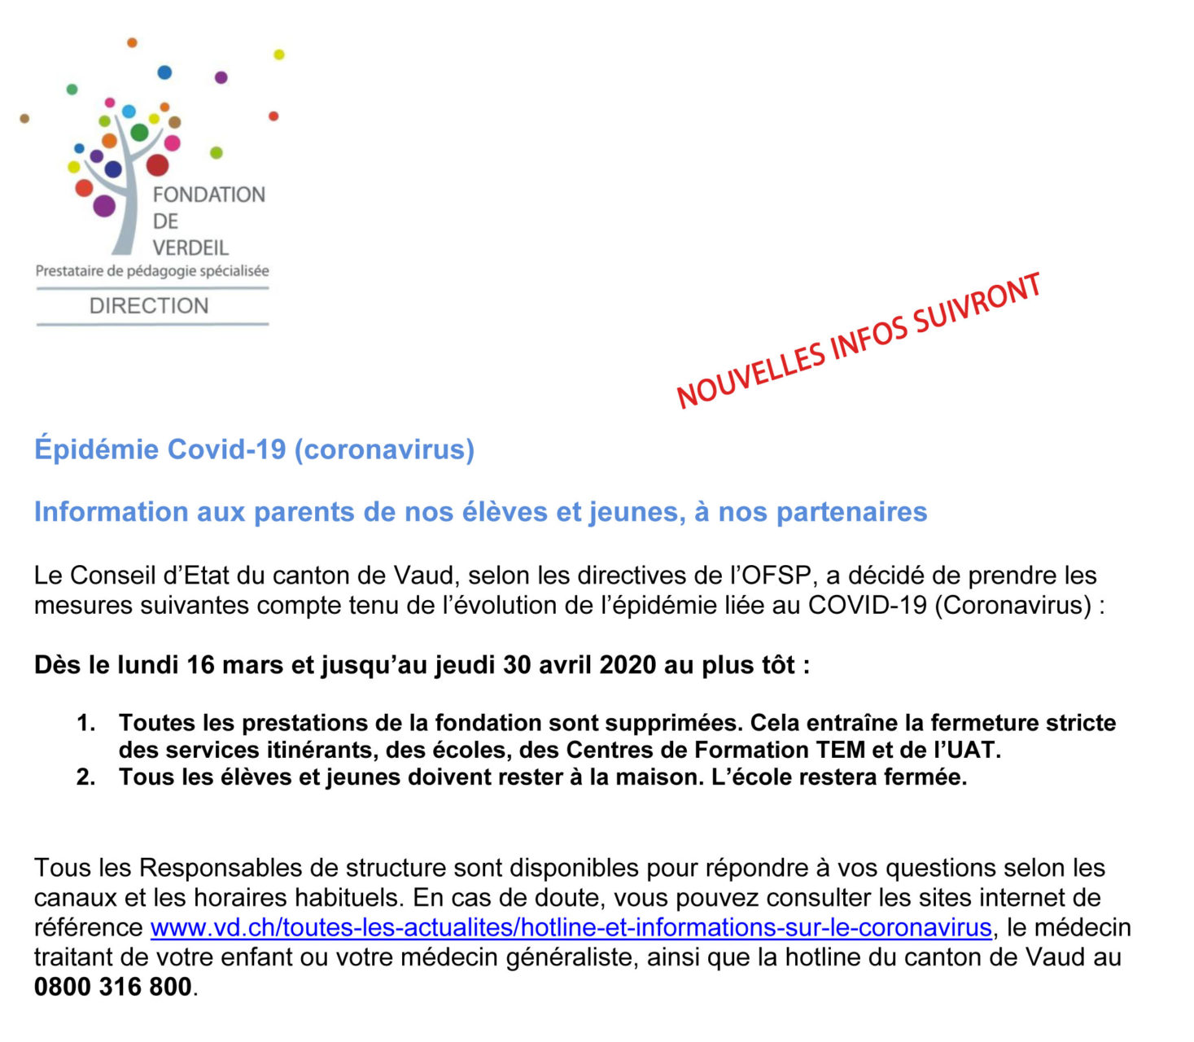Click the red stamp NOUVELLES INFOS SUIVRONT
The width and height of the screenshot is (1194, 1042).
859,340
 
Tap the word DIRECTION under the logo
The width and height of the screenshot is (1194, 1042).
149,306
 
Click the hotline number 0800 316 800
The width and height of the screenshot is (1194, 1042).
113,987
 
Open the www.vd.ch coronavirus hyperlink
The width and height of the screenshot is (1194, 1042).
571,927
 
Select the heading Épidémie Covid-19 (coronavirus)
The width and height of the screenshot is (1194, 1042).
254,449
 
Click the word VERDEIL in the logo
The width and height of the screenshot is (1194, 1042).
190,247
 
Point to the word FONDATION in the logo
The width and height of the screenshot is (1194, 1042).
209,195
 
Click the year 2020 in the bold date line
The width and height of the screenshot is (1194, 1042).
627,665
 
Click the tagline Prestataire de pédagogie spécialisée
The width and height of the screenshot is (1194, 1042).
152,271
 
